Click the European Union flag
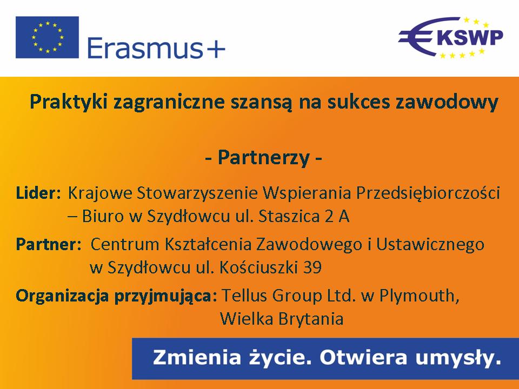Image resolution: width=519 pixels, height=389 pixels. (47, 37)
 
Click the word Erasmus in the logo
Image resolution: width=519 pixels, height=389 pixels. (145, 48)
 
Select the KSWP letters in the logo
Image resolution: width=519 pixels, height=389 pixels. (470, 37)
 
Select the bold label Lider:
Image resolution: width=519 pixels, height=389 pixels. (38, 193)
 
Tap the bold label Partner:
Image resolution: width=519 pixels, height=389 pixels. (49, 244)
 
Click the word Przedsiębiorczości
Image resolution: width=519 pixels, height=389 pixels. (428, 193)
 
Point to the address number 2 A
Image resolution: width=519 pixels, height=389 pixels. (337, 216)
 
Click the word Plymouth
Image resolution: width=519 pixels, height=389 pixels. (420, 296)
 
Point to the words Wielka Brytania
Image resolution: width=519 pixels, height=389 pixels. (282, 319)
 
